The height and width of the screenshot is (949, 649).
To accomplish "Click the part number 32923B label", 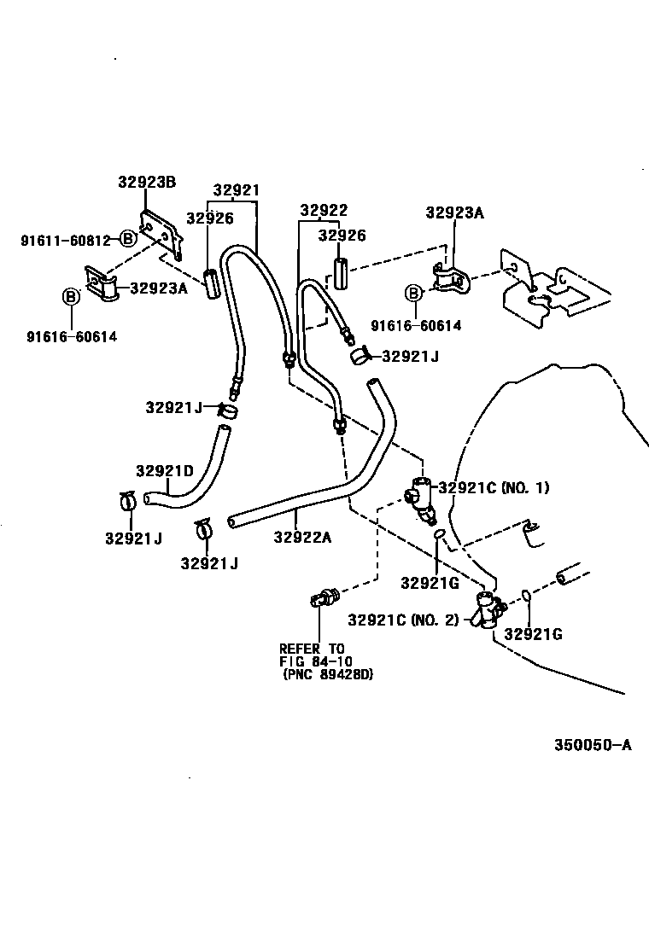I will (x=146, y=182).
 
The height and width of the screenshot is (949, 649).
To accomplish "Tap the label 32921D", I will (x=164, y=471).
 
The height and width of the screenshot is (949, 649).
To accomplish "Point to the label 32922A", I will (x=302, y=537).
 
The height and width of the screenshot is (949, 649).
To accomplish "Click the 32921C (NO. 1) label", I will (x=494, y=488).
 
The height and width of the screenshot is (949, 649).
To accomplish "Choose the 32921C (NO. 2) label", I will (x=402, y=620).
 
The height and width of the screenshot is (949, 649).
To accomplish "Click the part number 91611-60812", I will (x=66, y=241).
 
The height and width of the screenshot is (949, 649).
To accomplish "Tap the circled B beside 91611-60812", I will (x=126, y=239).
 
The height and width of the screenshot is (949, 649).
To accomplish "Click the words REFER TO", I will (x=312, y=648).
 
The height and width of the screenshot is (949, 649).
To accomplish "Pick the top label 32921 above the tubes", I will (x=236, y=190).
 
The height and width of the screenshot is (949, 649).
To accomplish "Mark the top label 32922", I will (x=324, y=211).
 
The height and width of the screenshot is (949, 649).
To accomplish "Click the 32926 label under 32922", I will (x=342, y=236).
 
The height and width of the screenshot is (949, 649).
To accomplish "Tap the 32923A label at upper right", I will (x=454, y=213).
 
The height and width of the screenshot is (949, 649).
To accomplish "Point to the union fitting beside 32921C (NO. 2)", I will (x=489, y=609).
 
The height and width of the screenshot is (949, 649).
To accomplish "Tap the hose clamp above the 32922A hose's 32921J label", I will (x=203, y=530).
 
